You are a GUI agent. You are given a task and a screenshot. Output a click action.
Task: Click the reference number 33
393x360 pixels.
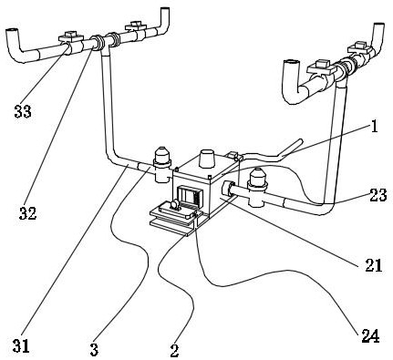pos(23,111)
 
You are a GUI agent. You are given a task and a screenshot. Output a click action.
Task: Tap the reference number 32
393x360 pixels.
pos(28,213)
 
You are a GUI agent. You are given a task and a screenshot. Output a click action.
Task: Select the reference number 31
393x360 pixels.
pos(21,346)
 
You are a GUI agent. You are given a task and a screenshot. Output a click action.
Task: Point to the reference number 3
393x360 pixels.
pos(94,350)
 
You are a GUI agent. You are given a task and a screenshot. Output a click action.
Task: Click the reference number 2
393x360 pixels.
pos(174,351)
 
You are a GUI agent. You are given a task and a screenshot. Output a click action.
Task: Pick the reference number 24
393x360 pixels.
pos(370,336)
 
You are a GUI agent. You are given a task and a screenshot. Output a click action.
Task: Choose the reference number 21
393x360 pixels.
pos(374,265)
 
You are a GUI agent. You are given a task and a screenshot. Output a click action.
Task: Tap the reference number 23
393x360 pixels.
pos(378,195)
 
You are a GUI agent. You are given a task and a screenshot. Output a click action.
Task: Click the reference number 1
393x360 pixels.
pos(375,126)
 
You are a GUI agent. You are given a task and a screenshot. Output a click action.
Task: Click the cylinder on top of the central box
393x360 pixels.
pos(208,158)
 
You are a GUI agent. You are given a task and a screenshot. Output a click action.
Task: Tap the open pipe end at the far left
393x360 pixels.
pos(12,31)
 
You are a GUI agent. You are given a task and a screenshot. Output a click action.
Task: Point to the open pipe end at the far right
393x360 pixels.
pos(378,26)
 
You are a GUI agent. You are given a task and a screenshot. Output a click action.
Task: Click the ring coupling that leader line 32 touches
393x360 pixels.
pos(98,43)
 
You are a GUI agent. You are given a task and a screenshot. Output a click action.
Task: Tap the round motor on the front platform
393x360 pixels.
pos(174,205)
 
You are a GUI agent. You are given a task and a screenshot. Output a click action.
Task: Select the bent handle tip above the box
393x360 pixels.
pos(300,141)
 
